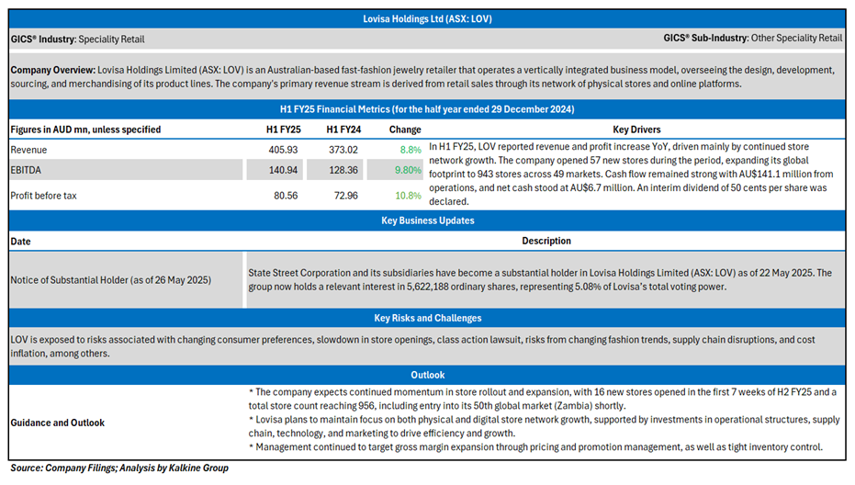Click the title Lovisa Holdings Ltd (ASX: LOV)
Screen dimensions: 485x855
(427, 18)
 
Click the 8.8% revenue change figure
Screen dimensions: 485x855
(410, 150)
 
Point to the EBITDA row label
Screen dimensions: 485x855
(27, 170)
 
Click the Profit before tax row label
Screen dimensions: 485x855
(45, 196)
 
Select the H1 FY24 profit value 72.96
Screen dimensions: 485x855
(340, 196)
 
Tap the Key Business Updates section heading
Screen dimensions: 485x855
(427, 220)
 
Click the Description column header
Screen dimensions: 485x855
(546, 241)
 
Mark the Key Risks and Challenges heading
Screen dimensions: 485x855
(427, 318)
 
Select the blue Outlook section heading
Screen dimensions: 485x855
(427, 375)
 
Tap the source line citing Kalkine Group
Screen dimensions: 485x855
(118, 468)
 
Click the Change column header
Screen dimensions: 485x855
(404, 130)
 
